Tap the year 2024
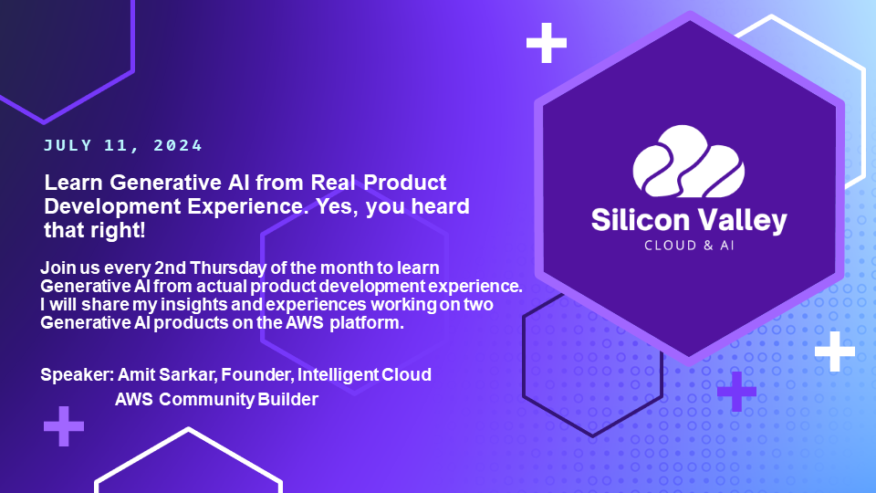point(178,145)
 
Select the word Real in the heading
point(333,183)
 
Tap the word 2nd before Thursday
point(170,267)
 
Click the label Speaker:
point(77,374)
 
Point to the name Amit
point(136,374)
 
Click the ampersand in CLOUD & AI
point(708,246)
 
